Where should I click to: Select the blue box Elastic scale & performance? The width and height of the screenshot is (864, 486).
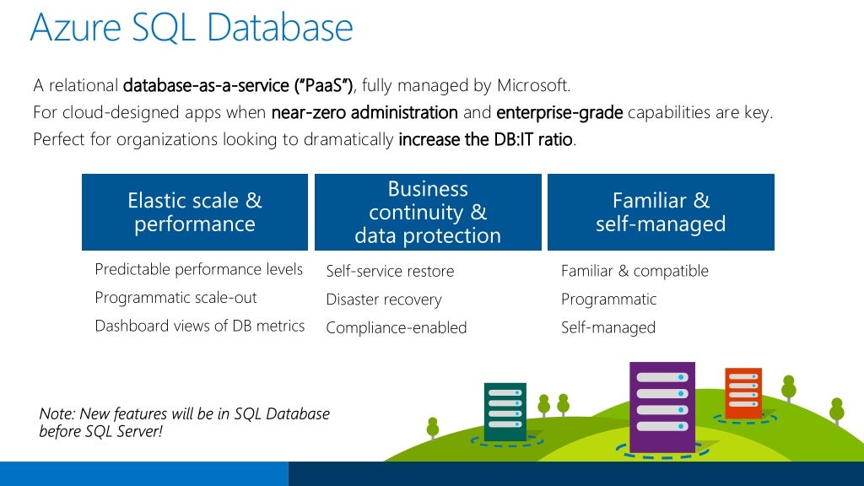[195, 212]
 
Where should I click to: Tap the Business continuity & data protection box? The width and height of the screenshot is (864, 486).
[428, 212]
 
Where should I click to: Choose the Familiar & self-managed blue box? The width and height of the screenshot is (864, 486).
[661, 212]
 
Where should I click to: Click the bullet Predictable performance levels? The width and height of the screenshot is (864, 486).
[198, 269]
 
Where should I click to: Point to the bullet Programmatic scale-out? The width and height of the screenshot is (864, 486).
[175, 298]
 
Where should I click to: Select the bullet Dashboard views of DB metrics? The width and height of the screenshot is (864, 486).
[199, 326]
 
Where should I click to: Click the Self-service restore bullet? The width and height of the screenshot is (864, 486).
[390, 271]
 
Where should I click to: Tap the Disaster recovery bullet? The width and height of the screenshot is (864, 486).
[383, 300]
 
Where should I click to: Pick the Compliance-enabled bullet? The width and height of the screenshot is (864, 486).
[396, 327]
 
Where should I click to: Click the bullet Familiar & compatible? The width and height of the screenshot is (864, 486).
[634, 271]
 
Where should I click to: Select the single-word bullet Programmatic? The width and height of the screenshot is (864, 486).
[608, 300]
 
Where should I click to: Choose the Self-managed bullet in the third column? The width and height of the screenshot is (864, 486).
[607, 327]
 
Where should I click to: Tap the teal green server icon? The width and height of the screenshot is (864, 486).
[505, 411]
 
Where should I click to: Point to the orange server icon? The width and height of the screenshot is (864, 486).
[742, 392]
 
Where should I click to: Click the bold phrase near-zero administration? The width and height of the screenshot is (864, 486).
[364, 112]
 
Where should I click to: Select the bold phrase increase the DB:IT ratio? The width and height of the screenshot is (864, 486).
[486, 140]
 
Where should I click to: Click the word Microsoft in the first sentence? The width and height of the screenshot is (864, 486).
[532, 85]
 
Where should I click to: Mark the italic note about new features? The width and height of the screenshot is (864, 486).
[184, 422]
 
